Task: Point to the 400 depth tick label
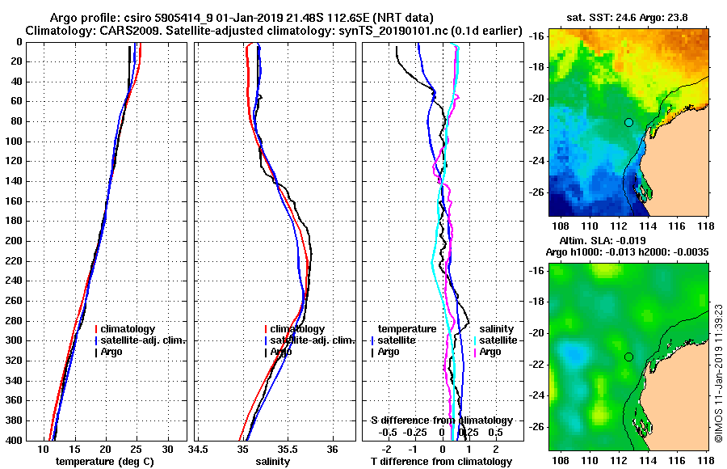pyautogui.click(x=14, y=440)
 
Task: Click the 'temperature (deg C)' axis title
pyautogui.click(x=105, y=462)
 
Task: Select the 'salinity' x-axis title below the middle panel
pyautogui.click(x=275, y=462)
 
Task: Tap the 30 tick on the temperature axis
pyautogui.click(x=167, y=449)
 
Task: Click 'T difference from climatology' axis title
pyautogui.click(x=441, y=462)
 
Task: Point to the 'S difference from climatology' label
pyautogui.click(x=441, y=420)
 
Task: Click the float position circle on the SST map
pyautogui.click(x=628, y=122)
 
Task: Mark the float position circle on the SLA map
pyautogui.click(x=628, y=357)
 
